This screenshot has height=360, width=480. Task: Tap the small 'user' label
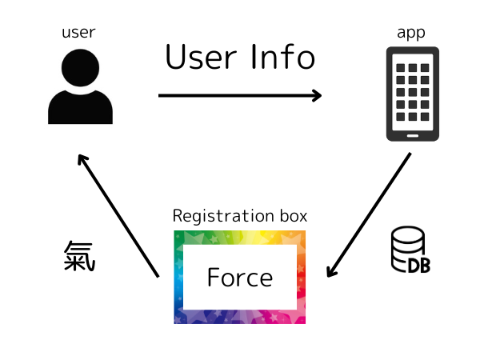point(78,33)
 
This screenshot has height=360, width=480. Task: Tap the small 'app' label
point(410,33)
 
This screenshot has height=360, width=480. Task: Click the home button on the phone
point(412,134)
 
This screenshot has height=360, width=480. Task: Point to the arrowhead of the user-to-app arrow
point(317,95)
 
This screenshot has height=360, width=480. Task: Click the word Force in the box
point(239,278)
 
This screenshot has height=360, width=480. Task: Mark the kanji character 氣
point(79,256)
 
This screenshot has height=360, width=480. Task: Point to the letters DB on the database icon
point(419,266)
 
